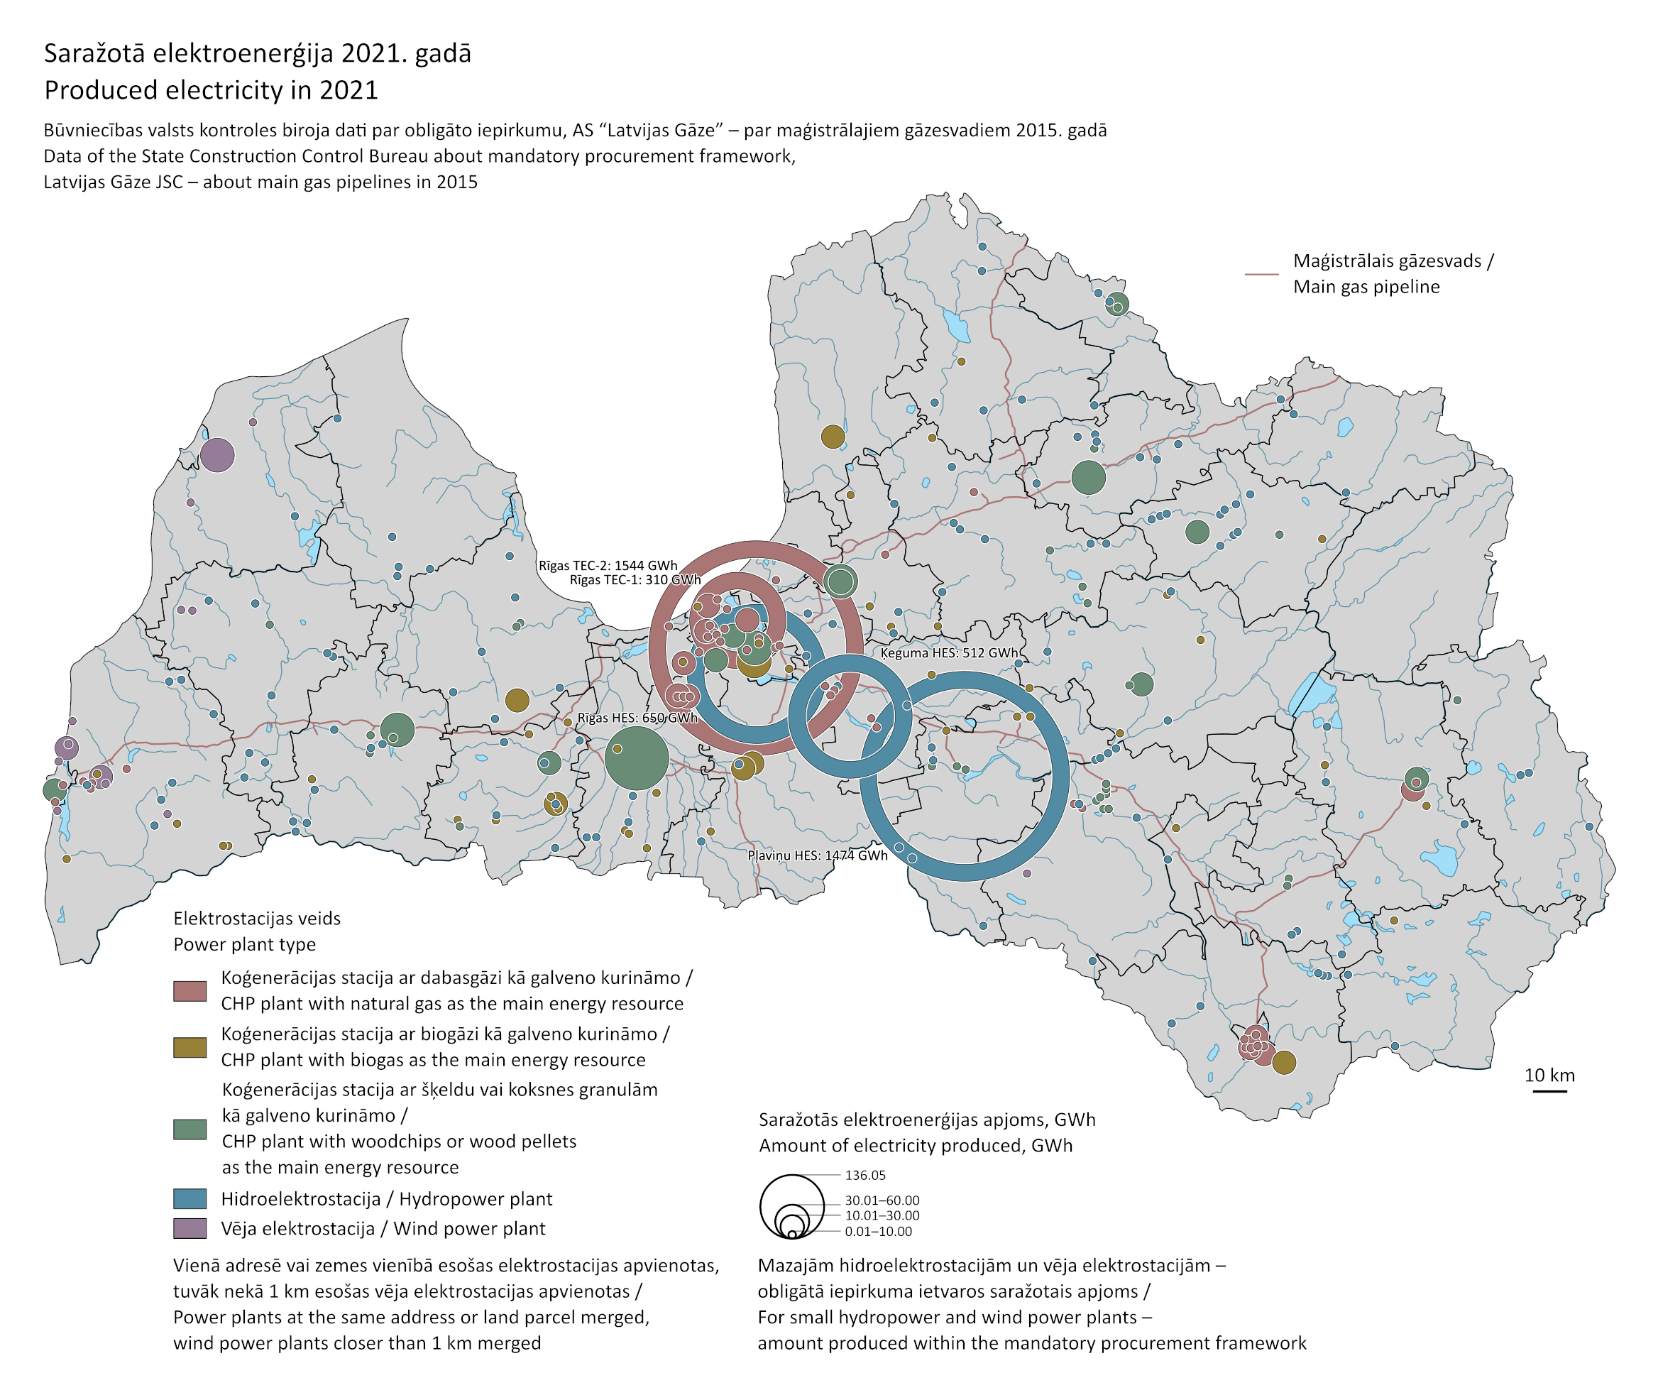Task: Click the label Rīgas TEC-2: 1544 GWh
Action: [608, 565]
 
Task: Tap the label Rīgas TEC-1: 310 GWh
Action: [635, 580]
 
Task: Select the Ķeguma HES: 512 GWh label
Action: [949, 653]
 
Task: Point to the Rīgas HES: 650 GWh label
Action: [637, 718]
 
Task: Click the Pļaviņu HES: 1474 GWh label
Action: [818, 855]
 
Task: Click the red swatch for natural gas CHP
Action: [190, 991]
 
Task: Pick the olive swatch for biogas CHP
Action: [190, 1048]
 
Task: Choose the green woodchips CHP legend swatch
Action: [190, 1129]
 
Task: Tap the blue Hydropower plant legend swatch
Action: [190, 1199]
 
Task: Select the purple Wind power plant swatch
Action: [190, 1228]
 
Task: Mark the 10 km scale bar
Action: [1549, 1091]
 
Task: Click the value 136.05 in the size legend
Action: [865, 1175]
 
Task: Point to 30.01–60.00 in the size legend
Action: [882, 1200]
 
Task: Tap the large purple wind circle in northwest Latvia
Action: [216, 456]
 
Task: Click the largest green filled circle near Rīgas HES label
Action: [637, 757]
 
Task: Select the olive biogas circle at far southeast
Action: [1284, 1063]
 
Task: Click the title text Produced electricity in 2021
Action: [211, 90]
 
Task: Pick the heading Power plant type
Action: [244, 944]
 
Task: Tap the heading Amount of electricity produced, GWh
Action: [916, 1146]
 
